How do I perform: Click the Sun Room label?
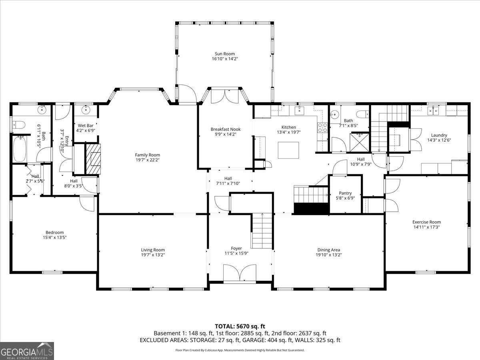224,54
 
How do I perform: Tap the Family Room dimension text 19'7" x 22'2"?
147,160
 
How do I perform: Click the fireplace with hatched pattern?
94,159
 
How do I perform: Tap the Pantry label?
345,193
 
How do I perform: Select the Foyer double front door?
239,274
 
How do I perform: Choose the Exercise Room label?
426,222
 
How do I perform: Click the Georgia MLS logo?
27,351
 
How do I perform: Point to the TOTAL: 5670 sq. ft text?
240,326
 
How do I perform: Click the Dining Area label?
329,250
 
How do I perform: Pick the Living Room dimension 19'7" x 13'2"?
153,255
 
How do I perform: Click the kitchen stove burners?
322,127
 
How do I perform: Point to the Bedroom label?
54,232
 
